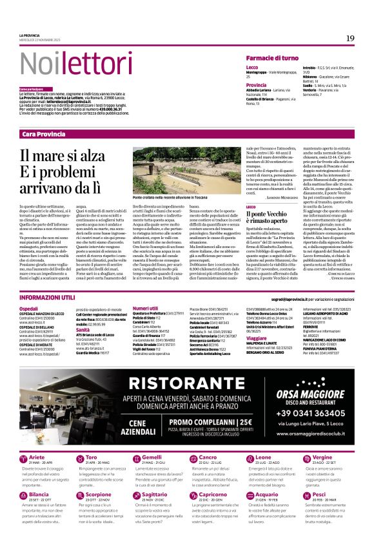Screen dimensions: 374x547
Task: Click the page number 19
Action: point(349,39)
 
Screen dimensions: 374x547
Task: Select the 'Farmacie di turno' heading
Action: point(271,58)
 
